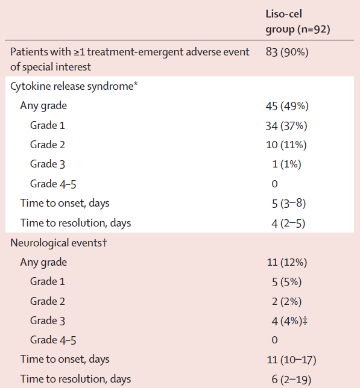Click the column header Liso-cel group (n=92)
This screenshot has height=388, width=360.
tap(298, 22)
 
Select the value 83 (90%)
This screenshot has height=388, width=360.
tap(287, 52)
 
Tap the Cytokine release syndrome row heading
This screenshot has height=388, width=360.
tap(74, 87)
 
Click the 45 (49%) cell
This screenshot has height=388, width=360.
tap(287, 106)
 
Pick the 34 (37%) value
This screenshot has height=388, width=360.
tap(286, 126)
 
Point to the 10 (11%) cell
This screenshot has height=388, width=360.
tap(286, 145)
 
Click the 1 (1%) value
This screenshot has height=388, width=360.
tap(286, 164)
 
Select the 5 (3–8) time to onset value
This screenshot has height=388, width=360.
tap(289, 204)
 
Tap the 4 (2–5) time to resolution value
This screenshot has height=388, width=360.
tap(288, 224)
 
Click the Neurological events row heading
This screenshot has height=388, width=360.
tap(58, 243)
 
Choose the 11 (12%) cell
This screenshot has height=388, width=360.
tap(286, 262)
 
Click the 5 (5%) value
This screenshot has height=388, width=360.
tap(286, 282)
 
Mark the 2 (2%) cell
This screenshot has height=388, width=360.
tap(286, 302)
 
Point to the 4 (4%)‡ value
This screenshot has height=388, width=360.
tap(289, 321)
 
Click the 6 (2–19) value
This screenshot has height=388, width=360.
tap(291, 380)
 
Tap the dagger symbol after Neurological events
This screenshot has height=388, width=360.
tap(104, 242)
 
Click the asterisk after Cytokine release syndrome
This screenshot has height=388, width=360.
tap(136, 84)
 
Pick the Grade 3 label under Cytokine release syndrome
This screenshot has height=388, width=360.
tap(48, 164)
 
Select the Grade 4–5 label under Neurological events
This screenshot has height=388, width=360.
tap(53, 340)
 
